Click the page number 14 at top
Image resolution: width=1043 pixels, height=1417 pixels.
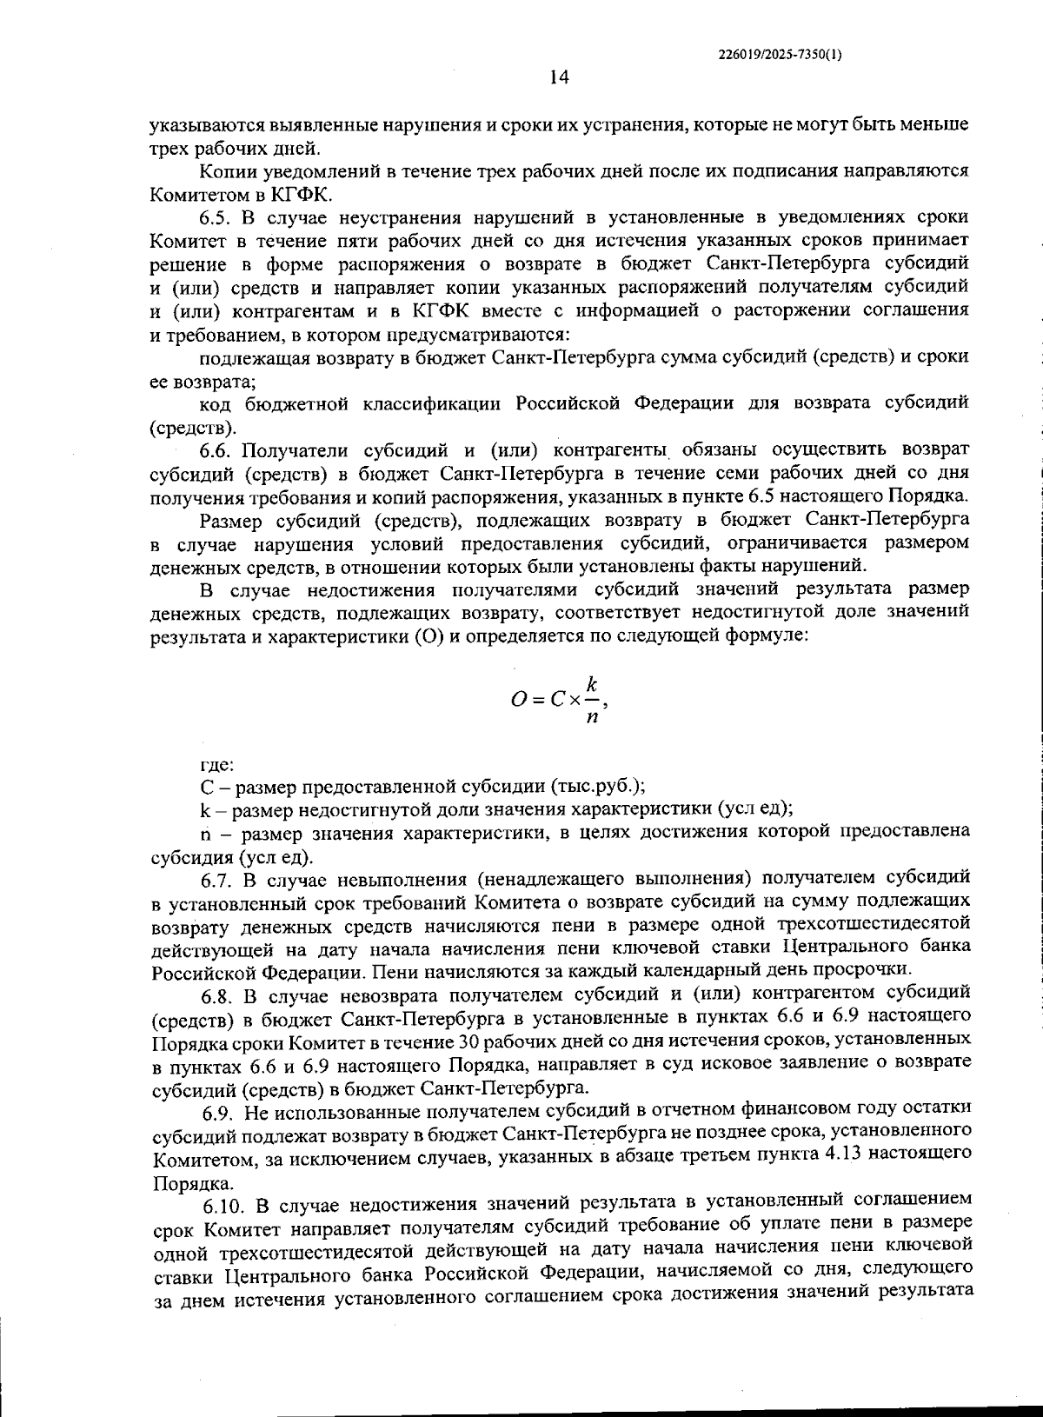coord(558,78)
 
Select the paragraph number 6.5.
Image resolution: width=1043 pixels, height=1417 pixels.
coord(217,216)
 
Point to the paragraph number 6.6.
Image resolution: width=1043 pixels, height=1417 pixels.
coord(217,449)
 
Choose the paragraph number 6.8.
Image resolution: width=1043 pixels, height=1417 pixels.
coord(219,994)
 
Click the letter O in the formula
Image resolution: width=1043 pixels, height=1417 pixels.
coord(518,699)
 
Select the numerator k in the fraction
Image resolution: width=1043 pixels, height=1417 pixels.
coord(591,682)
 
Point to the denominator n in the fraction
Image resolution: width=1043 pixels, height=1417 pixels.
coord(591,717)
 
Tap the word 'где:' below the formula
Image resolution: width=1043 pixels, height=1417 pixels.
coord(216,765)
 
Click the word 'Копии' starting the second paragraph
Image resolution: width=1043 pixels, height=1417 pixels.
coord(228,170)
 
